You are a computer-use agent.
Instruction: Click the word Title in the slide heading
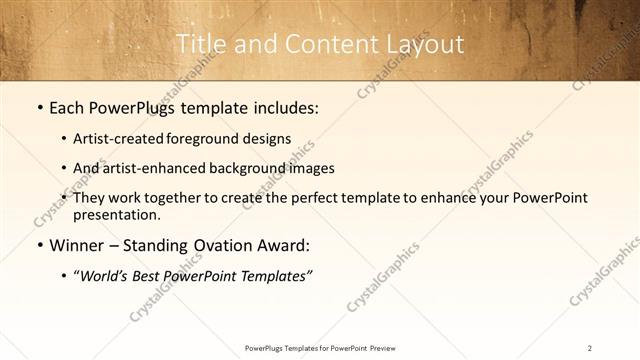tap(201, 44)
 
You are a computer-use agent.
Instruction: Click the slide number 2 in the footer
tap(590, 348)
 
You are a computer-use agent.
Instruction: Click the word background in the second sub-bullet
tap(249, 168)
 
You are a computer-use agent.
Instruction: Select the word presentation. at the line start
tap(116, 214)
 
